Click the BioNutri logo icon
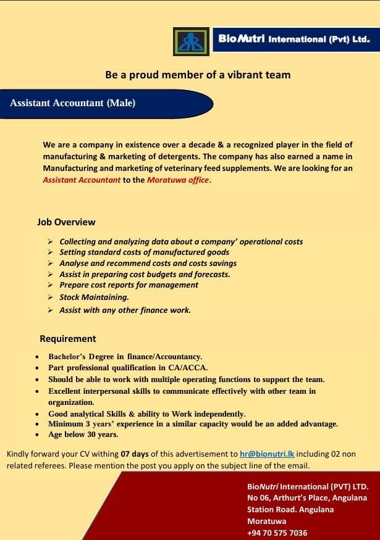click(x=191, y=41)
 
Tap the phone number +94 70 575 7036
click(x=277, y=533)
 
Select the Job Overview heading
click(x=66, y=222)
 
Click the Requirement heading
click(x=67, y=339)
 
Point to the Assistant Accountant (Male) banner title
click(x=72, y=103)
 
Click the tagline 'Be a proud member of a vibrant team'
click(x=198, y=75)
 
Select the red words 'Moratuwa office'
click(x=178, y=180)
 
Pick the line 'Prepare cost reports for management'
click(x=129, y=285)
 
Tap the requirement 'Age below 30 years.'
click(x=83, y=434)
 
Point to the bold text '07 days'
click(x=135, y=454)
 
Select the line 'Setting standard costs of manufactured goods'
click(x=144, y=252)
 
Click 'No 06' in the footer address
click(x=258, y=497)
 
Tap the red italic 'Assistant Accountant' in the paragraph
click(x=82, y=180)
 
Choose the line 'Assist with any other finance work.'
click(x=125, y=310)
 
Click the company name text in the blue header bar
click(x=293, y=38)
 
